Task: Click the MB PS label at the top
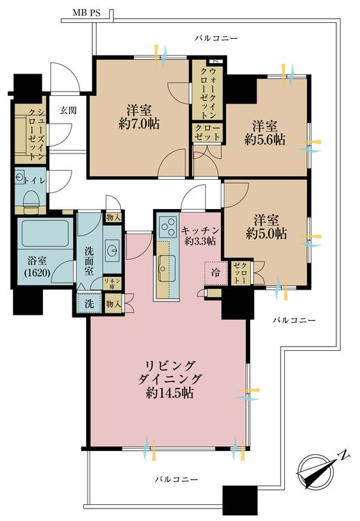tap(85, 13)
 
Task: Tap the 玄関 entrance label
tap(67, 110)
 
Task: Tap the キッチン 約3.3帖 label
tap(199, 235)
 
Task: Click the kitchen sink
tap(166, 264)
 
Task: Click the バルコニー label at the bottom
tap(176, 479)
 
